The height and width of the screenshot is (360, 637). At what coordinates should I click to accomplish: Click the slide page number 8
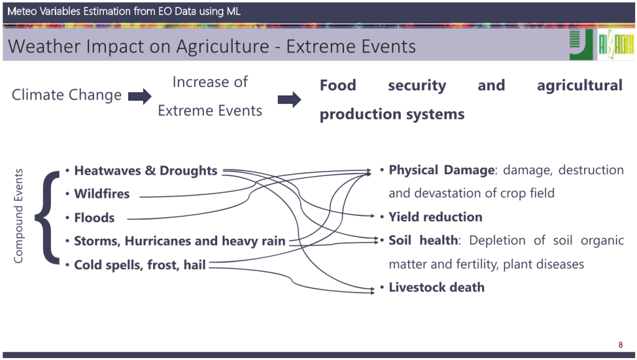[620, 345]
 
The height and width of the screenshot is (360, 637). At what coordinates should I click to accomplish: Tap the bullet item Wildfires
[101, 193]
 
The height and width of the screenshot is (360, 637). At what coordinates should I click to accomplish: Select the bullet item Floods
[95, 218]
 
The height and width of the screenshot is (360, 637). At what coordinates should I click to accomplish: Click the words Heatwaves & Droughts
[146, 170]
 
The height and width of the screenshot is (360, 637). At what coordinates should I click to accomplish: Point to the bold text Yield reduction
[435, 217]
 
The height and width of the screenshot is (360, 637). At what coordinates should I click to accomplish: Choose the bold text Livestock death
[437, 287]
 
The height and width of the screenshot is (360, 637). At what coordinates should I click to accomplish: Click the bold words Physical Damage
[442, 170]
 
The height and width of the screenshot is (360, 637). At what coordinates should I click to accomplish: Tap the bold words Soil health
[423, 240]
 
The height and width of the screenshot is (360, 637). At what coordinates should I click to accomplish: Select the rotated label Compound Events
[18, 216]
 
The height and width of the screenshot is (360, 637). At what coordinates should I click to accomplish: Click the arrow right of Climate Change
[140, 96]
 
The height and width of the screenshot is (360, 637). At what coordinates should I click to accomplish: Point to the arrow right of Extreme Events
[289, 99]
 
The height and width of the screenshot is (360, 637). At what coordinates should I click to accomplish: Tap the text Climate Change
[67, 95]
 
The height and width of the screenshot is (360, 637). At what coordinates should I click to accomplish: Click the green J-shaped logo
[581, 45]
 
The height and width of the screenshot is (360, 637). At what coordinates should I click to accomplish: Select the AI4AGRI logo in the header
[616, 45]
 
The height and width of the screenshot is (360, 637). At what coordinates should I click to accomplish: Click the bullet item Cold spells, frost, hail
[140, 265]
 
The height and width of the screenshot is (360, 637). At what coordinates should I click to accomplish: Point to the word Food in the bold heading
[338, 85]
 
